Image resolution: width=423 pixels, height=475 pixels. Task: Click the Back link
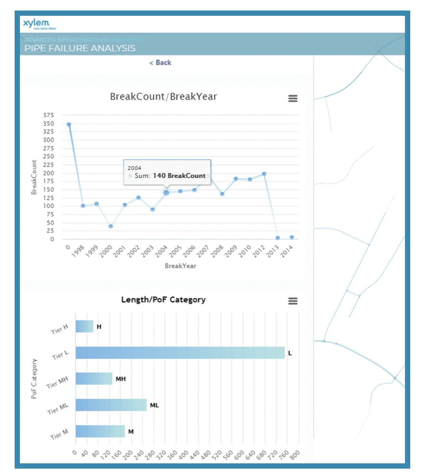coord(160,63)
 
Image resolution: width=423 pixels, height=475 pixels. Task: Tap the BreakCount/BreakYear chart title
coord(163,97)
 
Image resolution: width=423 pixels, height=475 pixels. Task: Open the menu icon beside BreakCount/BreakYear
coord(293,98)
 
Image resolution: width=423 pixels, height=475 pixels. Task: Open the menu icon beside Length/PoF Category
coord(293,301)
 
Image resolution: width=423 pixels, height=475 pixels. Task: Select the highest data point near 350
coord(69,124)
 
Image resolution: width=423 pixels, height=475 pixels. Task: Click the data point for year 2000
coord(111,227)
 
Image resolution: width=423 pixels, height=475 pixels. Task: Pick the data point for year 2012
coord(264,174)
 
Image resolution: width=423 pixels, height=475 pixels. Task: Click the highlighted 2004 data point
coord(166,193)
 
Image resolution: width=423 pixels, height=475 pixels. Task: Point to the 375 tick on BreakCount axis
coord(48,115)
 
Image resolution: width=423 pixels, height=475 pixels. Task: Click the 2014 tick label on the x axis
coord(287,251)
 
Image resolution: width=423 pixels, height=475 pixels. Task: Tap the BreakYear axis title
coord(180,266)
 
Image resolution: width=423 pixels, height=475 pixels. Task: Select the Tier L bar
coord(180,353)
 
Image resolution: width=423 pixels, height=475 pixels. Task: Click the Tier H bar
coord(85,327)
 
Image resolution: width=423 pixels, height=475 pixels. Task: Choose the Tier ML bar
coord(111,405)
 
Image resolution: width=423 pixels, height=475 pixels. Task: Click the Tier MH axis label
coord(57,383)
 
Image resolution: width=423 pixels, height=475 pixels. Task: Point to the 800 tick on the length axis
coord(295,455)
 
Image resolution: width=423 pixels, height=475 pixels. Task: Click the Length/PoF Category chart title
coord(163,300)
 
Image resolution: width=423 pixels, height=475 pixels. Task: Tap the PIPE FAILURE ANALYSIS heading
coord(80,48)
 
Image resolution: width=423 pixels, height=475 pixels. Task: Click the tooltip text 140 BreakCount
coord(179,176)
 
